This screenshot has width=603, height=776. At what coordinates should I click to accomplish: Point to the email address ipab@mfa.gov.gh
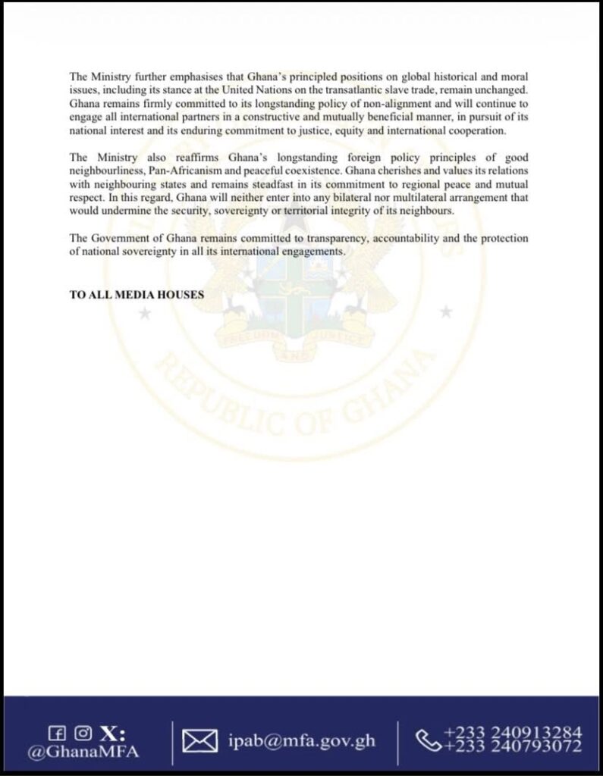tap(302, 740)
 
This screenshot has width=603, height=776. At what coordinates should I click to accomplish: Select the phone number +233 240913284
tap(513, 732)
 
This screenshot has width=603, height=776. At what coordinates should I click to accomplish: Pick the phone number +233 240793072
tap(513, 747)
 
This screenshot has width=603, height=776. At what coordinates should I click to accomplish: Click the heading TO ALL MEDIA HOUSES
tap(137, 295)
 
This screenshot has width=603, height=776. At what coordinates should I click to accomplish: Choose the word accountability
tap(408, 238)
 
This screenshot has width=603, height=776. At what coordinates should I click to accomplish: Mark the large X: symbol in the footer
tap(112, 733)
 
